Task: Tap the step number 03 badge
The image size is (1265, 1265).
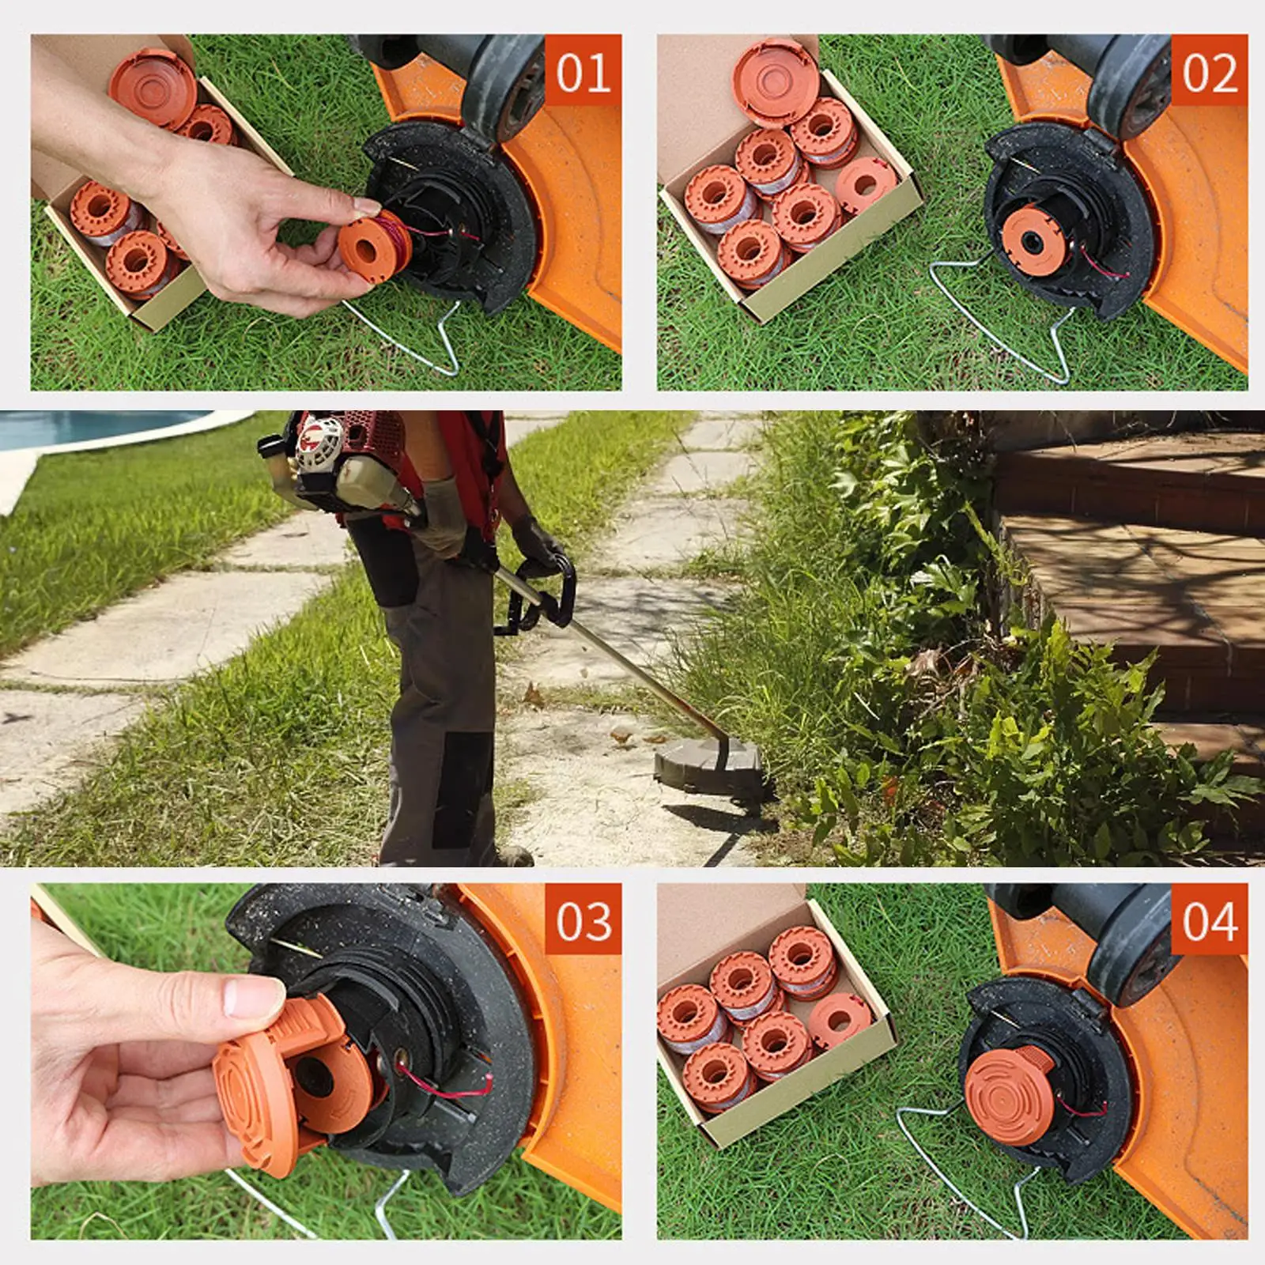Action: tap(583, 921)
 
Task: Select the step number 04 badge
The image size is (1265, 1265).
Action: tap(1209, 921)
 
